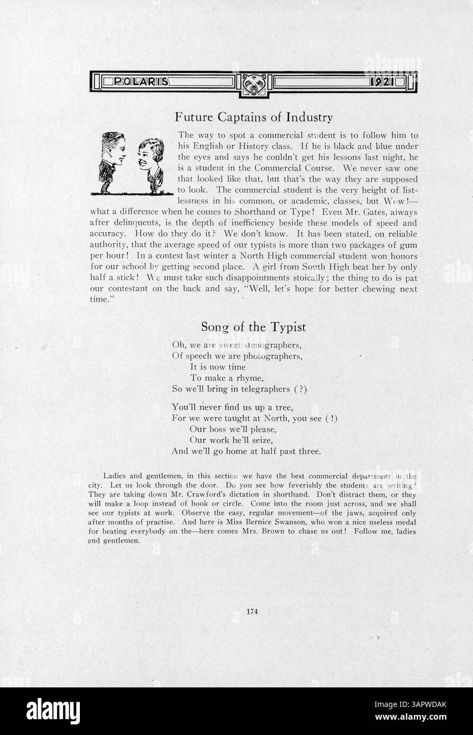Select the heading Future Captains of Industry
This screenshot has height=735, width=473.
coord(254,116)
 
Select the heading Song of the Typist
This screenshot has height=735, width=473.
coord(253,327)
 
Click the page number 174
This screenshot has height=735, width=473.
coord(252,611)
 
